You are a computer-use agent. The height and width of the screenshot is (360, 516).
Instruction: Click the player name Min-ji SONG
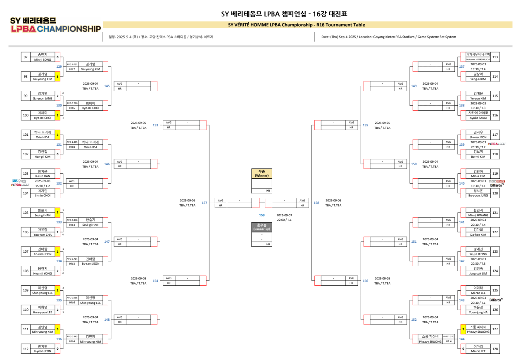click(43, 59)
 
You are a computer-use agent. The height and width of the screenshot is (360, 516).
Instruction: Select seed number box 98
click(26, 76)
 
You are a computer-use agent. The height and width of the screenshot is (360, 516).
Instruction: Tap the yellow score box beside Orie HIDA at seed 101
click(58, 135)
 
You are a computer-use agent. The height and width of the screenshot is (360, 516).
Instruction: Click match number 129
click(59, 66)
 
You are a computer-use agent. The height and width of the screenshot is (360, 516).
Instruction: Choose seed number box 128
click(495, 349)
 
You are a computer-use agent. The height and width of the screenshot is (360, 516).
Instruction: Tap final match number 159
click(262, 215)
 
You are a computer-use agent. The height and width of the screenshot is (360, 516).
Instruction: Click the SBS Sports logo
click(19, 181)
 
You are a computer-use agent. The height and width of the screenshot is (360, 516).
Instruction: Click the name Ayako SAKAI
click(478, 118)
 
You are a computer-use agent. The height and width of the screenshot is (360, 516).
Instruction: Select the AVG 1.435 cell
click(72, 142)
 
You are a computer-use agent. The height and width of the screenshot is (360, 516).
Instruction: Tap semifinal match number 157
click(204, 203)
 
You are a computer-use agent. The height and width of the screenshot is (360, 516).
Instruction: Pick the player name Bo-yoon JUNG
click(478, 195)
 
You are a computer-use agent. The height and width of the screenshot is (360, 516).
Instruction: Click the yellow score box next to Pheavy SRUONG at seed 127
click(463, 329)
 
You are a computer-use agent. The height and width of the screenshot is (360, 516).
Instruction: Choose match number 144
click(462, 339)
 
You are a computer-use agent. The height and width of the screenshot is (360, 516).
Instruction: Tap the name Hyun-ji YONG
click(43, 273)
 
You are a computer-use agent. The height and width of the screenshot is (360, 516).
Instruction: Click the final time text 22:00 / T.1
click(284, 220)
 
